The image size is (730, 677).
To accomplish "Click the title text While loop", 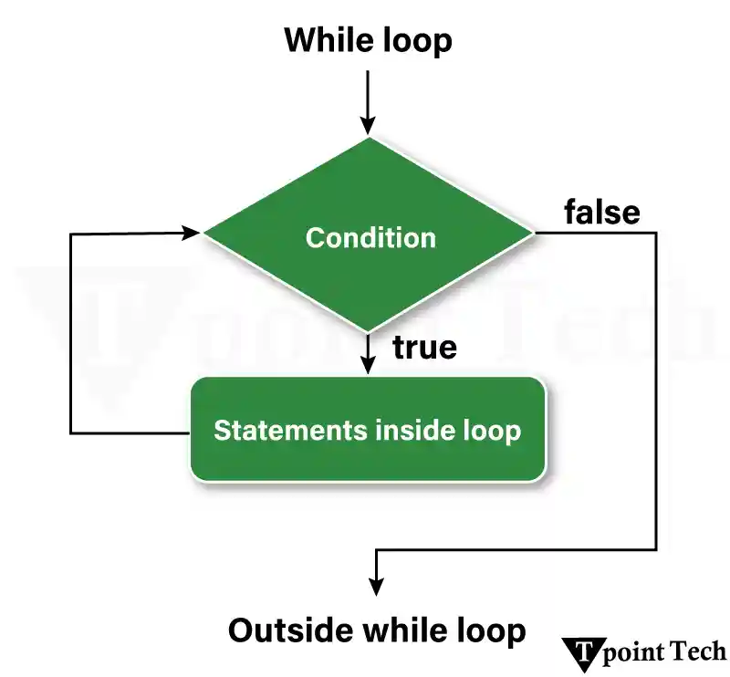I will [x=368, y=41].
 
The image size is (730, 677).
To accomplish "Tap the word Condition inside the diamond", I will [x=370, y=238].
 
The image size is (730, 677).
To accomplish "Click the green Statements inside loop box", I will [x=368, y=430].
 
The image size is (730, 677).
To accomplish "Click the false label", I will [x=601, y=212].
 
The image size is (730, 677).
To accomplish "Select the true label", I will [x=424, y=348].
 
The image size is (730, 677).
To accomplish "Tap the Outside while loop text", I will [x=377, y=630].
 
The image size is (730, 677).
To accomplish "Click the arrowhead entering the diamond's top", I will [x=368, y=126].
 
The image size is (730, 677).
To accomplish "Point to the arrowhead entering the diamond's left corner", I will [x=192, y=233].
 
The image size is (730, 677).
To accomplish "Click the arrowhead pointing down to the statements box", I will [x=368, y=364].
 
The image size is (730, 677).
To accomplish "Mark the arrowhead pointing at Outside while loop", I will [x=375, y=588].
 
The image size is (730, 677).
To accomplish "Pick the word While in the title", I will [x=323, y=41].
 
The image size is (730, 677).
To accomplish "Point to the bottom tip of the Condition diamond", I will [x=368, y=330].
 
